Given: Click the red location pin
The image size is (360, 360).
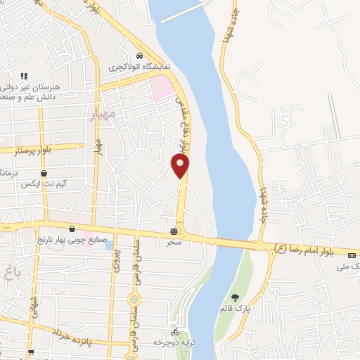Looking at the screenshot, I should pos(181,165).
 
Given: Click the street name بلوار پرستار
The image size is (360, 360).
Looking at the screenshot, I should pos(39,149).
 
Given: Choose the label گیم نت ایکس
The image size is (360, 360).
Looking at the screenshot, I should pos(45,184).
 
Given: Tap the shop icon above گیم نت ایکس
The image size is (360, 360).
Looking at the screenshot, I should pos(44,172).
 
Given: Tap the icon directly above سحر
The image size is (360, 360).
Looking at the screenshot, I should pos(174,231).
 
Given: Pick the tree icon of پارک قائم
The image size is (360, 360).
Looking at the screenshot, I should pos(235,298).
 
